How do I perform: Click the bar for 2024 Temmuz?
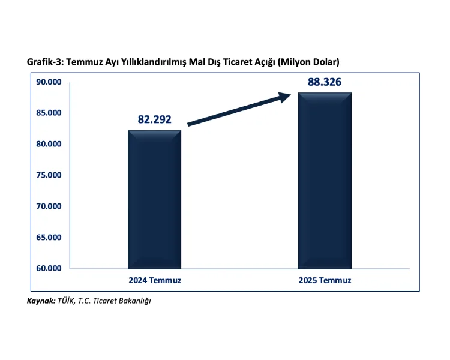point(155,199)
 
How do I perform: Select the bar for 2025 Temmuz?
point(325,181)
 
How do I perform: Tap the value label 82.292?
point(155,119)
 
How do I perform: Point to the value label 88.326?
point(325,82)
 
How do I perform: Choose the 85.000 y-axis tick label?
point(49,113)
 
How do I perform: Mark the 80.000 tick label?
point(49,144)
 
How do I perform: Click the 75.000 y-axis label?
point(49,175)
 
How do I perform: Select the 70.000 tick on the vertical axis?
point(49,206)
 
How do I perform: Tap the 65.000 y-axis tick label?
point(49,237)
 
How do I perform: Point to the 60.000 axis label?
point(49,268)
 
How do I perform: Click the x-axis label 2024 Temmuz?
point(155,280)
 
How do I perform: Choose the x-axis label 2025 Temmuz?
point(325,280)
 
